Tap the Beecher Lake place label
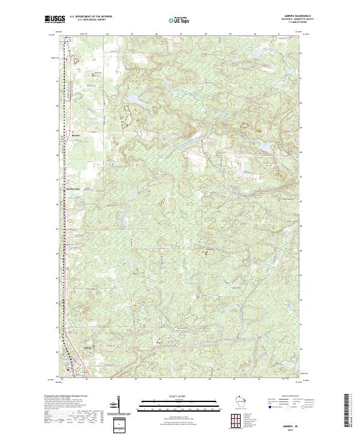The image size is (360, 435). [72, 188]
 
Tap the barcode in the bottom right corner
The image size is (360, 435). [350, 413]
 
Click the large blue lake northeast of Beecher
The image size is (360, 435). [131, 97]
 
